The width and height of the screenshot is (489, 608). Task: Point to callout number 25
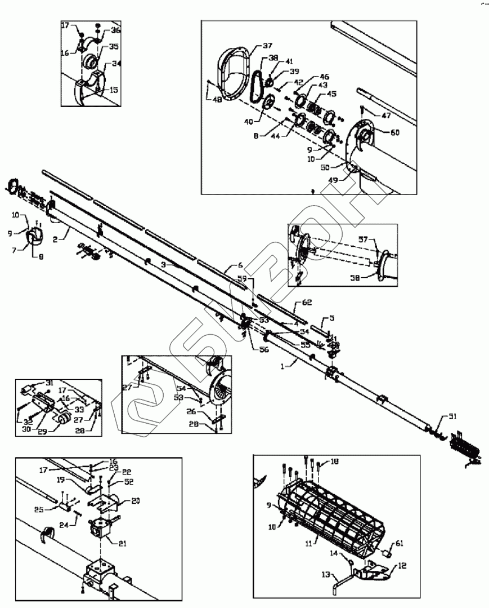53,511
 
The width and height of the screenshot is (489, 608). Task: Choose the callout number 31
49,383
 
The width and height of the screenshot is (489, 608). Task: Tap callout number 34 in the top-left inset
116,64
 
